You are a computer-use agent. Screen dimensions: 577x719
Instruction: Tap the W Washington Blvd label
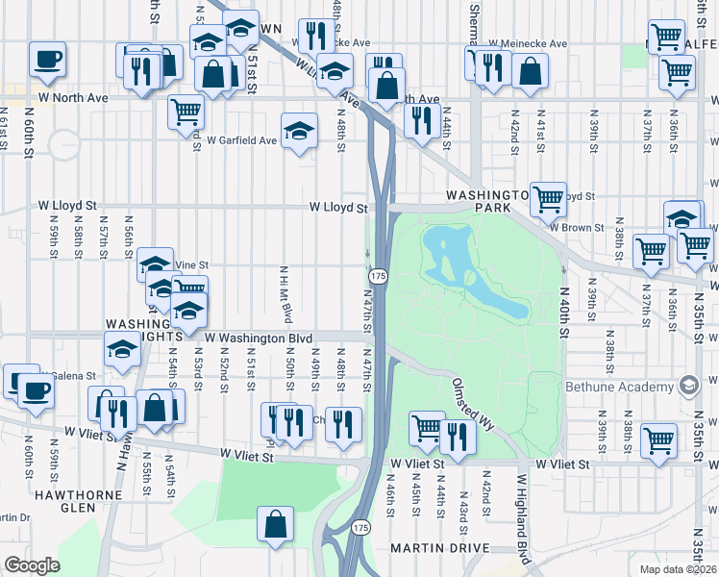point(259,339)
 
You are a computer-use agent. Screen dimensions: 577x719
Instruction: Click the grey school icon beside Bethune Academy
point(688,387)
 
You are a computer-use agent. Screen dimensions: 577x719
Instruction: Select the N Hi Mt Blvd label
point(285,294)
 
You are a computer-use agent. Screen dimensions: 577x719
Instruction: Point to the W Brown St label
point(577,228)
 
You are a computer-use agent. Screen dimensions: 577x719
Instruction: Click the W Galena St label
point(67,376)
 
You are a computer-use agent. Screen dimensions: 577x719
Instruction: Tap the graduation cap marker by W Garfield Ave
point(300,131)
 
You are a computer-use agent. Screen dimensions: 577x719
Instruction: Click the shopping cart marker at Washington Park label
point(548,199)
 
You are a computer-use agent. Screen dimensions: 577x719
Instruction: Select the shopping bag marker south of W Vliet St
point(276,524)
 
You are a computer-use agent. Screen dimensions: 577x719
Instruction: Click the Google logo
point(32,564)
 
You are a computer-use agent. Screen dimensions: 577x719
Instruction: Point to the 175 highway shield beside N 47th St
point(379,276)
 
